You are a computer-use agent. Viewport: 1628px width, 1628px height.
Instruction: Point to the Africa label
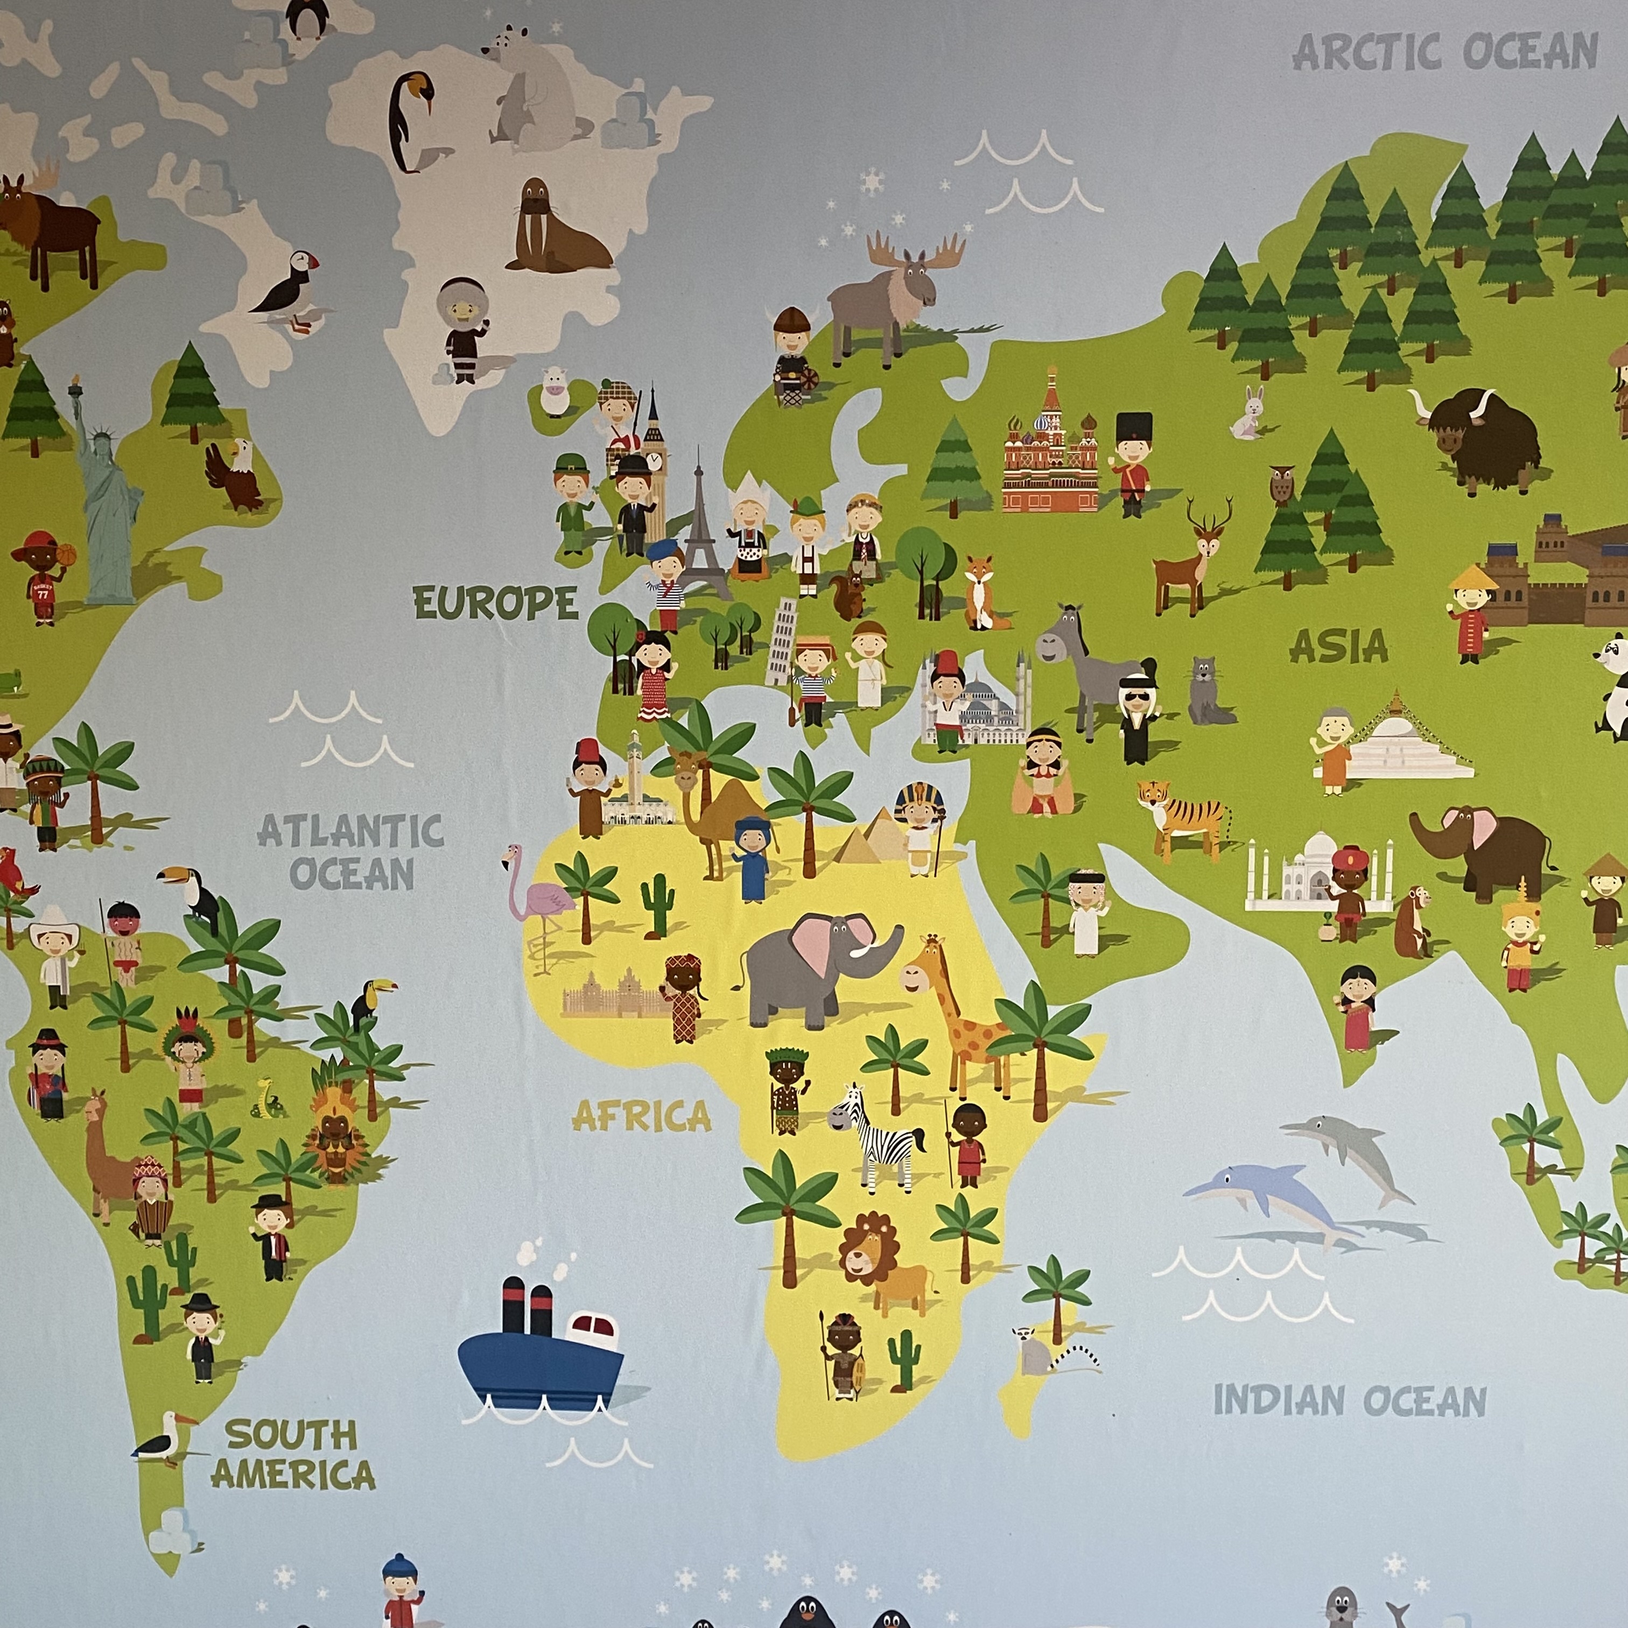(x=641, y=1117)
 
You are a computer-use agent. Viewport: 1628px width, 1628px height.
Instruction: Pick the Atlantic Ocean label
(x=350, y=852)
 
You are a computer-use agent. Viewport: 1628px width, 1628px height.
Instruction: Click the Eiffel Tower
(x=699, y=527)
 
